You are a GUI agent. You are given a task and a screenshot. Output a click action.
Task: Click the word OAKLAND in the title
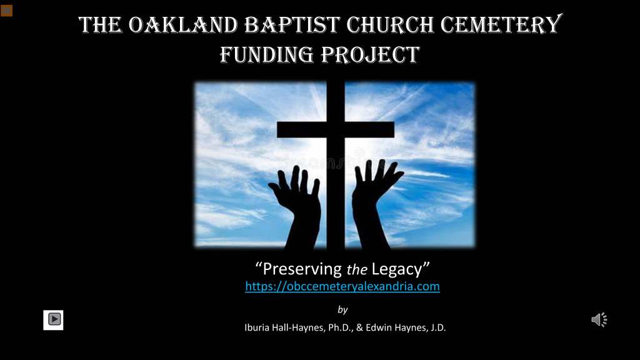(x=183, y=25)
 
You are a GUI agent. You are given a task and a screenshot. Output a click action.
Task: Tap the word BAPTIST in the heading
(x=292, y=25)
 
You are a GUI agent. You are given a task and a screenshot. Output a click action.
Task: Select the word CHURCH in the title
(x=390, y=25)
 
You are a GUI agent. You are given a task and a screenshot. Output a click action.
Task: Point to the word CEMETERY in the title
(x=502, y=24)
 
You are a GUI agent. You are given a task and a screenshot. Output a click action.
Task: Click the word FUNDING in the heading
(x=267, y=55)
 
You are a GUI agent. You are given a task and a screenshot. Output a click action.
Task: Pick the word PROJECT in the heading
(x=370, y=55)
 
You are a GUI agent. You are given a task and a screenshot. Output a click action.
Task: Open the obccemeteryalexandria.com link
(x=342, y=286)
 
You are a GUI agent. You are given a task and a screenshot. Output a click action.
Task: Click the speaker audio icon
(x=599, y=319)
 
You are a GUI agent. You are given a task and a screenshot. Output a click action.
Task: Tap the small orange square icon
(x=6, y=10)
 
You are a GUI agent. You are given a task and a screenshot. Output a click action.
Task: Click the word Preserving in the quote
(x=302, y=269)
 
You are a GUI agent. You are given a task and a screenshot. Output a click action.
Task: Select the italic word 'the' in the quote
(x=357, y=269)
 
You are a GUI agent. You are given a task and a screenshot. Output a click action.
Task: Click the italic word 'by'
(x=342, y=310)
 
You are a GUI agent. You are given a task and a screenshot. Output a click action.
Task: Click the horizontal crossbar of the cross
(x=336, y=129)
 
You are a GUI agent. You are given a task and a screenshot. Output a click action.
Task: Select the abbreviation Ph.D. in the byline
(x=341, y=327)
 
